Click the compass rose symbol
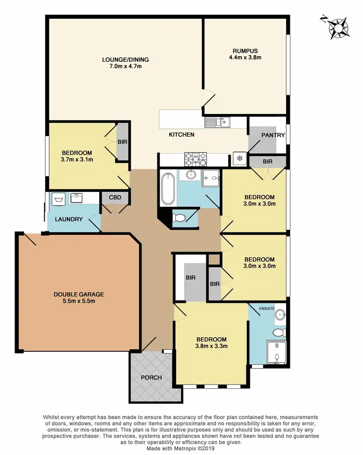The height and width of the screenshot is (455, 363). click(337, 28)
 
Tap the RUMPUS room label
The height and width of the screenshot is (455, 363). click(244, 50)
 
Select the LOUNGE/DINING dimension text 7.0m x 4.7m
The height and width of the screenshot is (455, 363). click(125, 66)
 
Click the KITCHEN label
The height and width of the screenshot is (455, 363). click(181, 134)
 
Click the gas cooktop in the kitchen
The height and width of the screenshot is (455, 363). click(195, 158)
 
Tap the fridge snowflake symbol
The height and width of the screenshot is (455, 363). click(238, 158)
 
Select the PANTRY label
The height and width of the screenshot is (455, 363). click(273, 135)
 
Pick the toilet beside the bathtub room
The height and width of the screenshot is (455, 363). click(180, 218)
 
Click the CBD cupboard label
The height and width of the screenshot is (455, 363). click(115, 197)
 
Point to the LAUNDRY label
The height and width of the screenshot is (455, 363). click(69, 219)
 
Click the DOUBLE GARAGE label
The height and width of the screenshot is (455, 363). click(79, 294)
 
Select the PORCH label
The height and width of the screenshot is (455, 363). click(151, 377)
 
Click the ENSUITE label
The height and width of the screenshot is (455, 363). click(267, 308)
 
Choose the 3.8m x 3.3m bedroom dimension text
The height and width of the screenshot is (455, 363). click(211, 345)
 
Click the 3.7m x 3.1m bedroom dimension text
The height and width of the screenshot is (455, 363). click(77, 159)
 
